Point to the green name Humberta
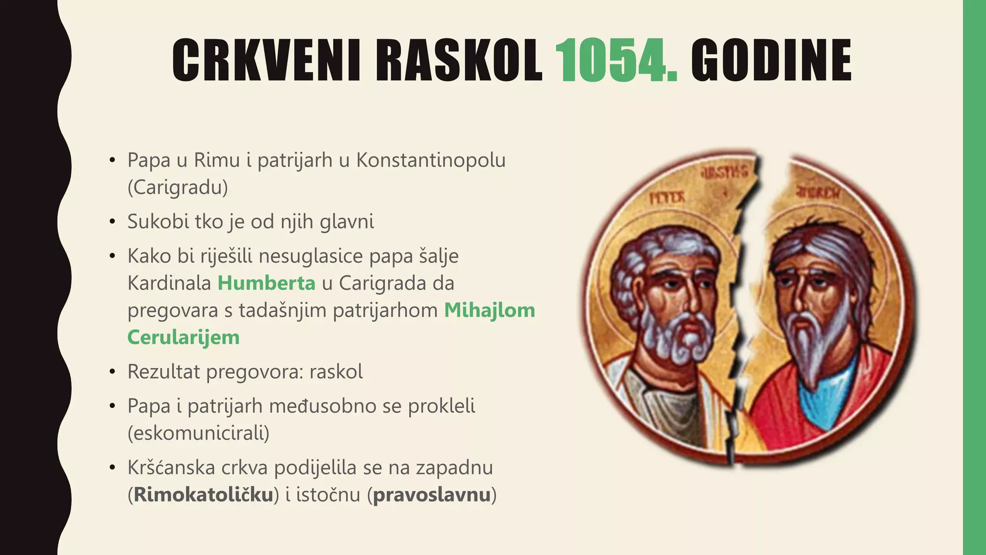pos(266,283)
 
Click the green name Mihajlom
pos(489,310)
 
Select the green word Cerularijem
pos(183,337)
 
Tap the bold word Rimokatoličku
pos(204,495)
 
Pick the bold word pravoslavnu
pos(431,495)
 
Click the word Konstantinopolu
pos(430,160)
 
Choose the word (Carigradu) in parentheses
pos(178,187)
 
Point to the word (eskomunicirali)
pos(198,433)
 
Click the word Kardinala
pos(169,283)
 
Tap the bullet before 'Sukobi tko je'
pos(112,222)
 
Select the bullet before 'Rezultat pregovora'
pos(112,372)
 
